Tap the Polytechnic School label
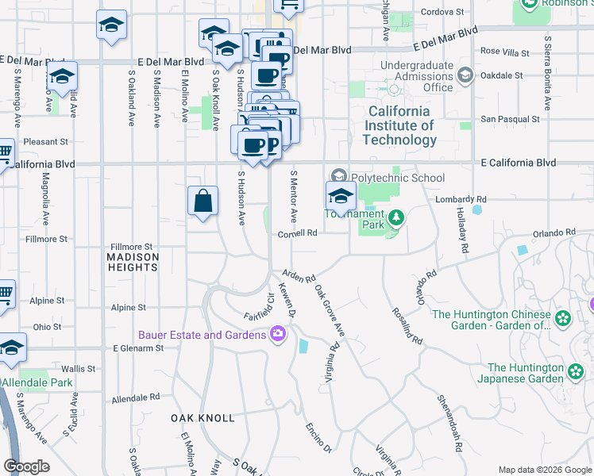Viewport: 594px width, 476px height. (399, 178)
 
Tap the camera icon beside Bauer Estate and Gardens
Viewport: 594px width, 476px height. (278, 335)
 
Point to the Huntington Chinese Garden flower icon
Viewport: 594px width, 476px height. (564, 319)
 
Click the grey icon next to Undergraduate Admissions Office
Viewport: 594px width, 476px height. (465, 76)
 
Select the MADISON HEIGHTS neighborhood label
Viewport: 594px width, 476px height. (133, 262)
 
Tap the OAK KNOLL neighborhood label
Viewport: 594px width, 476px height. (202, 417)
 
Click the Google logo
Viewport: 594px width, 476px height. (26, 466)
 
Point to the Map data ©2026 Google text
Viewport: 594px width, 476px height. (545, 470)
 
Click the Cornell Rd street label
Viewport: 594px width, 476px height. (298, 234)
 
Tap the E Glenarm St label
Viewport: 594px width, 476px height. (138, 347)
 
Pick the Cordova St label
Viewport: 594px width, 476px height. (442, 12)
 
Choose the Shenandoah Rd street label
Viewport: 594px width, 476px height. (448, 422)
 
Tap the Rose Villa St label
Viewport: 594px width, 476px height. (504, 52)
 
